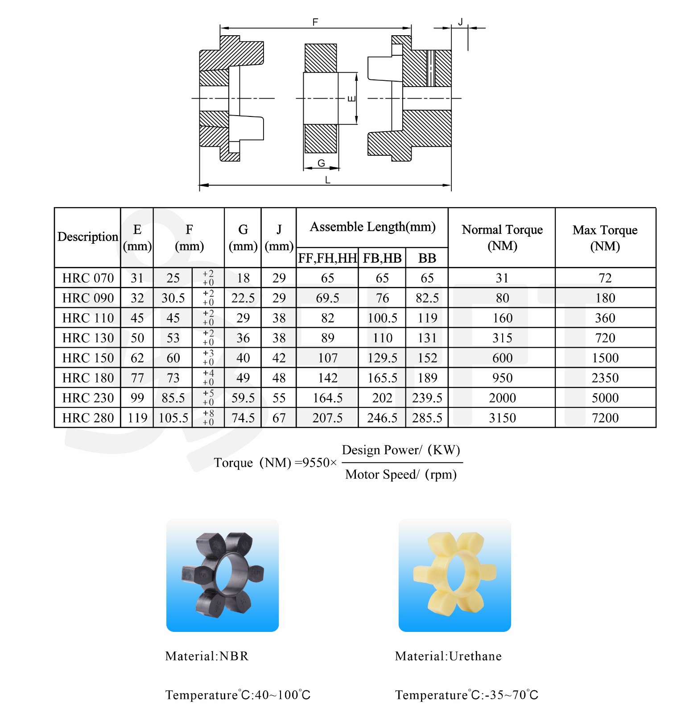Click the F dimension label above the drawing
pyautogui.click(x=315, y=22)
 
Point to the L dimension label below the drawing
pyautogui.click(x=328, y=180)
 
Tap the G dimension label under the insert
pyautogui.click(x=321, y=163)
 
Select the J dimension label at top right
pyautogui.click(x=461, y=21)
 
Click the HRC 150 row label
pyautogui.click(x=88, y=358)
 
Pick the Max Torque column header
pyautogui.click(x=605, y=237)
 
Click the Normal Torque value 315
pyautogui.click(x=502, y=338)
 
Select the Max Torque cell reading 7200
pyautogui.click(x=605, y=418)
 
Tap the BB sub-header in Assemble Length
pyautogui.click(x=427, y=258)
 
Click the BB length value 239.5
pyautogui.click(x=427, y=398)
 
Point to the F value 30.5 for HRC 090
pyautogui.click(x=173, y=298)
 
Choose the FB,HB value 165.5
pyautogui.click(x=382, y=378)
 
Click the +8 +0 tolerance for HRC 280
pyautogui.click(x=208, y=418)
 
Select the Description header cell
pyautogui.click(x=88, y=237)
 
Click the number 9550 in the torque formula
pyautogui.click(x=316, y=462)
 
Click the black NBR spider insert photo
pyautogui.click(x=223, y=575)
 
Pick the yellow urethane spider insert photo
pyautogui.click(x=454, y=575)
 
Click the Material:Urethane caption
pyautogui.click(x=448, y=656)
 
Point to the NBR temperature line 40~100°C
pyautogui.click(x=238, y=695)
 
